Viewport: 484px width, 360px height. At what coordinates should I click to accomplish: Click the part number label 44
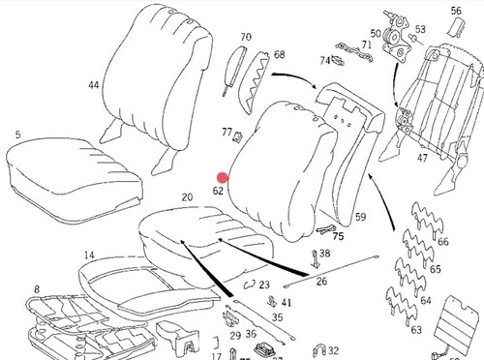pyautogui.click(x=94, y=85)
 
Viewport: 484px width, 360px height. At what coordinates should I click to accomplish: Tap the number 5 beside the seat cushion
pyautogui.click(x=18, y=135)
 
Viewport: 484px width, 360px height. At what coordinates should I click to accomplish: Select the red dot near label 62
pyautogui.click(x=223, y=178)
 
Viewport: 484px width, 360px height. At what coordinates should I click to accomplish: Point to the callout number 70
pyautogui.click(x=246, y=37)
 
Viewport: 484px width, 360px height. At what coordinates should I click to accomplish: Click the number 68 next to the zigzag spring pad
pyautogui.click(x=280, y=54)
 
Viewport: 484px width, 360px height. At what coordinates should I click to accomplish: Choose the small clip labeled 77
pyautogui.click(x=238, y=136)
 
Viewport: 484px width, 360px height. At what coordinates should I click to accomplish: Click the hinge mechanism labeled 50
pyautogui.click(x=396, y=36)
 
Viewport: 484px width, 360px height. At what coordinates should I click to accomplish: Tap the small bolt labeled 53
pyautogui.click(x=414, y=39)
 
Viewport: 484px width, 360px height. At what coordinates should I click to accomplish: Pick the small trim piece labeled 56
pyautogui.click(x=457, y=27)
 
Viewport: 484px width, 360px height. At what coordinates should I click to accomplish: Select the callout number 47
pyautogui.click(x=422, y=158)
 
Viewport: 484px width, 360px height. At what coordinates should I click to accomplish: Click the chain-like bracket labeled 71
pyautogui.click(x=354, y=52)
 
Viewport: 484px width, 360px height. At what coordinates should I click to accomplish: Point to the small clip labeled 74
pyautogui.click(x=338, y=60)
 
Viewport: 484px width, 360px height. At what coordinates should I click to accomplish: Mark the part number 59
pyautogui.click(x=360, y=217)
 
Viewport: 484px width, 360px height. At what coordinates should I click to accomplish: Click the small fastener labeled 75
pyautogui.click(x=326, y=229)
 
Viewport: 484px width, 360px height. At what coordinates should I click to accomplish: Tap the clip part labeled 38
pyautogui.click(x=315, y=259)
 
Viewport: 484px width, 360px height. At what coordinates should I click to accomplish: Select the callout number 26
pyautogui.click(x=321, y=282)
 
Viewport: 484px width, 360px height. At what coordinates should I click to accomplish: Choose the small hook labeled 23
pyautogui.click(x=250, y=285)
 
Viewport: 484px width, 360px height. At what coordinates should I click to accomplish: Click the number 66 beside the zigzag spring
pyautogui.click(x=443, y=242)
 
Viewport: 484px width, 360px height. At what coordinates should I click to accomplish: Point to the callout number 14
pyautogui.click(x=89, y=255)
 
